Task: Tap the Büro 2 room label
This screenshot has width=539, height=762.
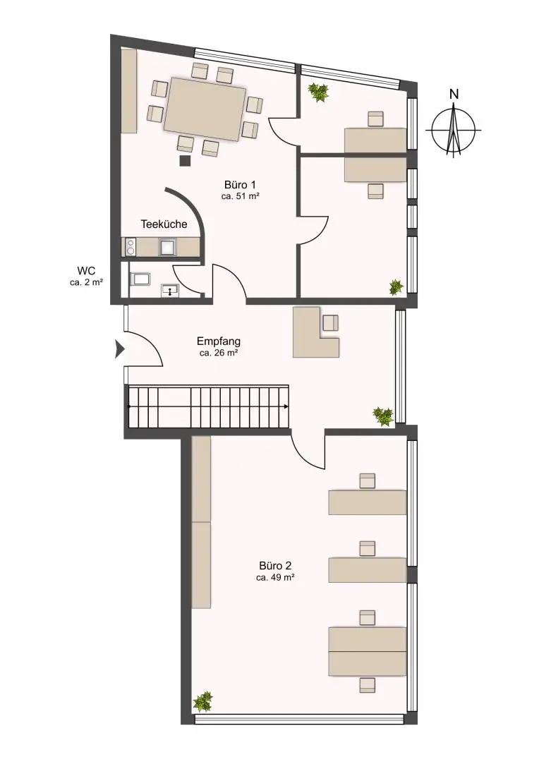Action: coord(275,565)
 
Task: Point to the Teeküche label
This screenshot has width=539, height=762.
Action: coord(164,224)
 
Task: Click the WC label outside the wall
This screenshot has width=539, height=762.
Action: coord(87,270)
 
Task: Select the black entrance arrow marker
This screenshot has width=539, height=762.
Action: coord(119,348)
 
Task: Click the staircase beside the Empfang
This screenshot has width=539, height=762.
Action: coord(208,407)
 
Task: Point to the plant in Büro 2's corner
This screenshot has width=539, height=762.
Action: coord(203,701)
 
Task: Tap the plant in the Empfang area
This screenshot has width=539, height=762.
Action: coord(383,416)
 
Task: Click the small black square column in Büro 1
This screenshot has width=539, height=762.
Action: coord(185,160)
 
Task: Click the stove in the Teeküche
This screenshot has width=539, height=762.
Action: coord(130,247)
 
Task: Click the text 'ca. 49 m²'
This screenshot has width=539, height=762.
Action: coord(275,577)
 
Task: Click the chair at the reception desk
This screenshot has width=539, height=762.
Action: coord(330,322)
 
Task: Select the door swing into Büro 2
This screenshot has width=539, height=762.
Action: coord(309,452)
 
